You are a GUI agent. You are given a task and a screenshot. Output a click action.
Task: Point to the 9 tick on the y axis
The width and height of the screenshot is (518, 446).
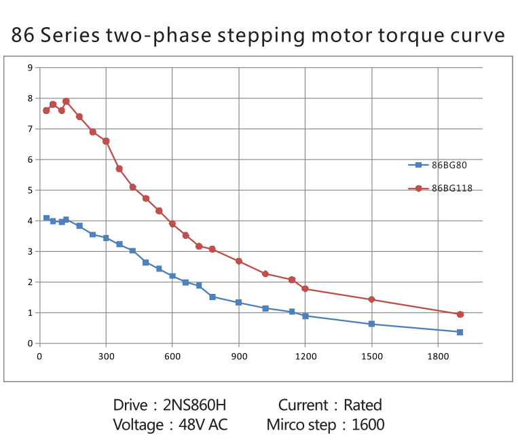(x=29, y=67)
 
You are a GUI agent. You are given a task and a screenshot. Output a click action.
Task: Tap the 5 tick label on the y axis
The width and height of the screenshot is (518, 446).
(x=29, y=190)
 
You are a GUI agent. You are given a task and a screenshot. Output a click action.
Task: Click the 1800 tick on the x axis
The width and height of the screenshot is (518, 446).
(x=438, y=355)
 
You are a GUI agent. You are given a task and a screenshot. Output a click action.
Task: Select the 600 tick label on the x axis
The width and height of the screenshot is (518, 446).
(x=172, y=355)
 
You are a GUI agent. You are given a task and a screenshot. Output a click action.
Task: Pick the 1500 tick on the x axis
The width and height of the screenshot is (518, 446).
(x=371, y=355)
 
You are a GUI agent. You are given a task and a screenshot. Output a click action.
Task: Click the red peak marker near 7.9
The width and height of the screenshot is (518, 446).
(x=66, y=101)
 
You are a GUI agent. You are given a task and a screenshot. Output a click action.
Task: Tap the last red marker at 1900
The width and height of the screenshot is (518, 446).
(x=460, y=314)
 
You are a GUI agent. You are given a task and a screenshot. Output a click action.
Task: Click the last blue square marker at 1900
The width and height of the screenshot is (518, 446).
(x=460, y=332)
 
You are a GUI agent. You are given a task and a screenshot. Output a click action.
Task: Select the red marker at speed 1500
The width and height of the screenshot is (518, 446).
(x=371, y=299)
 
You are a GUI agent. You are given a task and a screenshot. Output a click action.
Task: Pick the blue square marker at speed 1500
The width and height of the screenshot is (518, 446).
(x=371, y=324)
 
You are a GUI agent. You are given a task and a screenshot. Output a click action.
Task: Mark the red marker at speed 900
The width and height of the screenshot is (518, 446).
(x=239, y=261)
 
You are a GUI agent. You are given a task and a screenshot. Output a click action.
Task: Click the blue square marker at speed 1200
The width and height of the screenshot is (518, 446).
(x=306, y=316)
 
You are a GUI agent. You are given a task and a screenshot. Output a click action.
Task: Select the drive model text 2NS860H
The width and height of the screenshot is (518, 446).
(x=193, y=405)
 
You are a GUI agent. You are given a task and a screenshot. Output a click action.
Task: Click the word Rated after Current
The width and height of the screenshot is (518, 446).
(x=363, y=405)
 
